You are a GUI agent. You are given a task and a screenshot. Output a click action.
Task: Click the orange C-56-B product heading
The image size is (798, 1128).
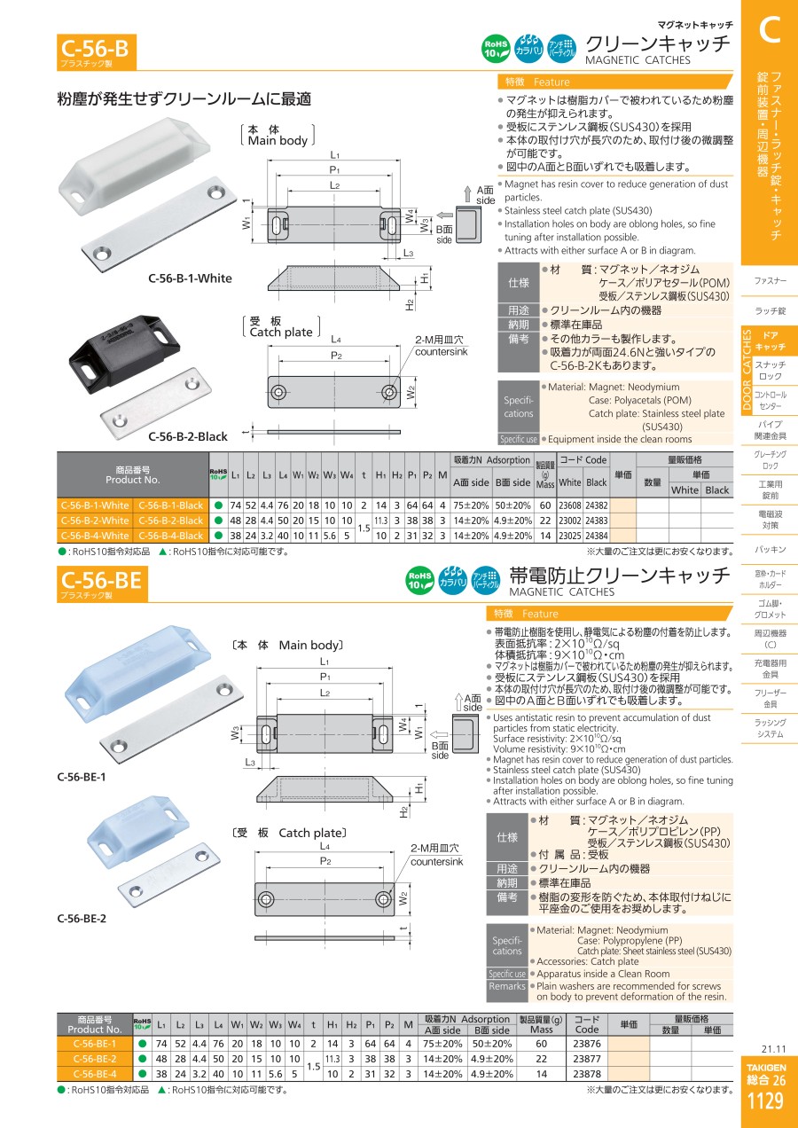tap(96, 51)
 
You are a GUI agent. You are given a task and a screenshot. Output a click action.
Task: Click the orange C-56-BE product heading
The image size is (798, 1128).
tap(102, 584)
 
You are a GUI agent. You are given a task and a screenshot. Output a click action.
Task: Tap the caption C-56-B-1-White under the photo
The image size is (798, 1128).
tap(190, 278)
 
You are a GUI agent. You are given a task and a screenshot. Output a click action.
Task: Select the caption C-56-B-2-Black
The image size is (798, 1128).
tap(188, 436)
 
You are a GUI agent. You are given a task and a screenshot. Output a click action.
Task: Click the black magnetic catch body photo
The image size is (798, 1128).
tap(124, 349)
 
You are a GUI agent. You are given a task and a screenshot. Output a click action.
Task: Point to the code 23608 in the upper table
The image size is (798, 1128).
tap(569, 505)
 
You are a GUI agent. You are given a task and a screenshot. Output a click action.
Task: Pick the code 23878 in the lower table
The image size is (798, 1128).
tap(587, 1073)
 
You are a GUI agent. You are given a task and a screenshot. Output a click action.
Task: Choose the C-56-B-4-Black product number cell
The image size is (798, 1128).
tap(170, 536)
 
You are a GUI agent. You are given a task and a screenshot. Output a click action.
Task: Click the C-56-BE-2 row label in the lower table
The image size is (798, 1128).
tap(95, 1059)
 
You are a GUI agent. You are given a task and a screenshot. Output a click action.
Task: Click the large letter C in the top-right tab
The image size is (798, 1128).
tap(770, 29)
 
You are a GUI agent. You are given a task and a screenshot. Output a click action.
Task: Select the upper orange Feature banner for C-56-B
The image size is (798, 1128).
tap(614, 82)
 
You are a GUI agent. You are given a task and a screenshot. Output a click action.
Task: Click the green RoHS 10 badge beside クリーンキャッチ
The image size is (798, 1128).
tap(496, 49)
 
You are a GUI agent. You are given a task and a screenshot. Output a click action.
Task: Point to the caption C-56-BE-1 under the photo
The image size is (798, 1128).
tap(82, 777)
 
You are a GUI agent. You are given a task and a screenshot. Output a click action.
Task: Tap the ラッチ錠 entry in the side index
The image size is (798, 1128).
tap(770, 310)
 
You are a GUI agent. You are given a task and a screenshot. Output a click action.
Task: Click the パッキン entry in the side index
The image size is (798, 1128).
tap(770, 550)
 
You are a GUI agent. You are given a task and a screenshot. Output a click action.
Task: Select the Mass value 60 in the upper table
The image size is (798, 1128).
tap(545, 505)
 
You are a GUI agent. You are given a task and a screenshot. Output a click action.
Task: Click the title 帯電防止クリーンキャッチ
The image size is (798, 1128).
tap(620, 576)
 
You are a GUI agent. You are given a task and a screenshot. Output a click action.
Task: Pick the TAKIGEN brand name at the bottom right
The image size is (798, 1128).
tap(766, 1067)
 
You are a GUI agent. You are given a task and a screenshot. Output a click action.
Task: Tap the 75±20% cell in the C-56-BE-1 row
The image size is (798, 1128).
tap(442, 1044)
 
